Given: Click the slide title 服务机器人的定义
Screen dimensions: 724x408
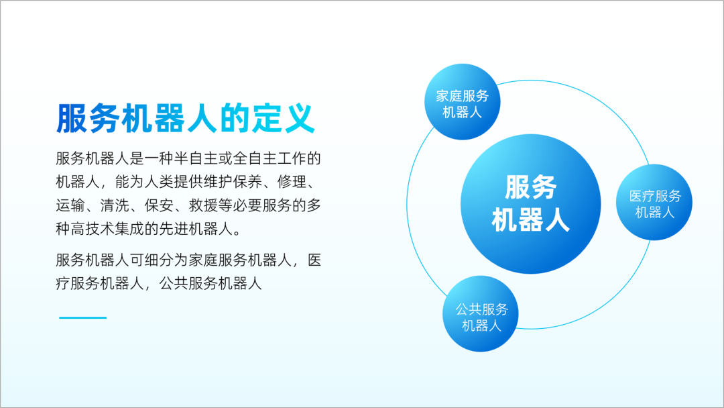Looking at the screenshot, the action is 186,119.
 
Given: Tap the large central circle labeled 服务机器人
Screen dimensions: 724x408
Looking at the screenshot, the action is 530,204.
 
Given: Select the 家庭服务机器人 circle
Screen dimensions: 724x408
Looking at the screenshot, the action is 462,101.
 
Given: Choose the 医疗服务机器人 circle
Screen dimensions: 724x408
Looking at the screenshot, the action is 654,202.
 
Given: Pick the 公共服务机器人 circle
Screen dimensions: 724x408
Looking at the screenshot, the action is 481,314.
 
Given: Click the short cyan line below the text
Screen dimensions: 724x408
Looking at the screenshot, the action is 82,317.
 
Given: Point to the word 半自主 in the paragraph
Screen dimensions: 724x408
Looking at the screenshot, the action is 196,158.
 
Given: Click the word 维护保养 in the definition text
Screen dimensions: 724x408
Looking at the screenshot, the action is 233,182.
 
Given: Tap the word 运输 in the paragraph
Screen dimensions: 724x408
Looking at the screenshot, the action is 70,205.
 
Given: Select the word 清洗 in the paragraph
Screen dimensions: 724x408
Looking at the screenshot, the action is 115,205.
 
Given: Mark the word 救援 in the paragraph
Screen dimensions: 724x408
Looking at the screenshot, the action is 204,205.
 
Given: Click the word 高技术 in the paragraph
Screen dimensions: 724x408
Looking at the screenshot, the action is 93,229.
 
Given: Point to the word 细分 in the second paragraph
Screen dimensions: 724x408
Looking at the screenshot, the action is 160,260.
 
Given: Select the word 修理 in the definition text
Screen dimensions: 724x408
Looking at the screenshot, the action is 292,182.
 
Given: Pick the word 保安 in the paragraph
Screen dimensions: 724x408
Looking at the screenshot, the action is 160,205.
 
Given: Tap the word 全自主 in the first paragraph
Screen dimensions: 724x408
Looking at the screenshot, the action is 255,158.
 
